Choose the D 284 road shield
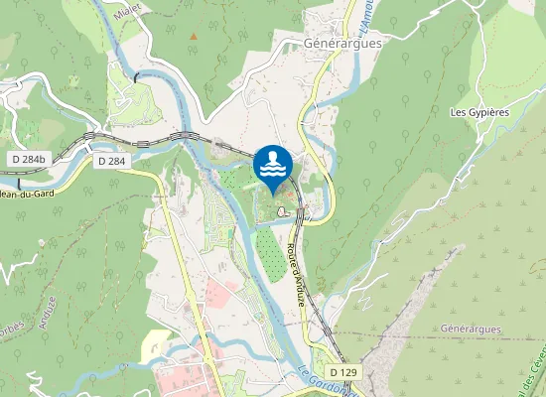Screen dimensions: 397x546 coord(112,160)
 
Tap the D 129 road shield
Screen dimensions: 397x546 coord(342,372)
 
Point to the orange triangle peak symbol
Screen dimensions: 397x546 coord(194,36)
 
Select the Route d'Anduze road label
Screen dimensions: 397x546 coord(296,273)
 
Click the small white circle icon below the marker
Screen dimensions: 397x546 coord(283,210)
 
